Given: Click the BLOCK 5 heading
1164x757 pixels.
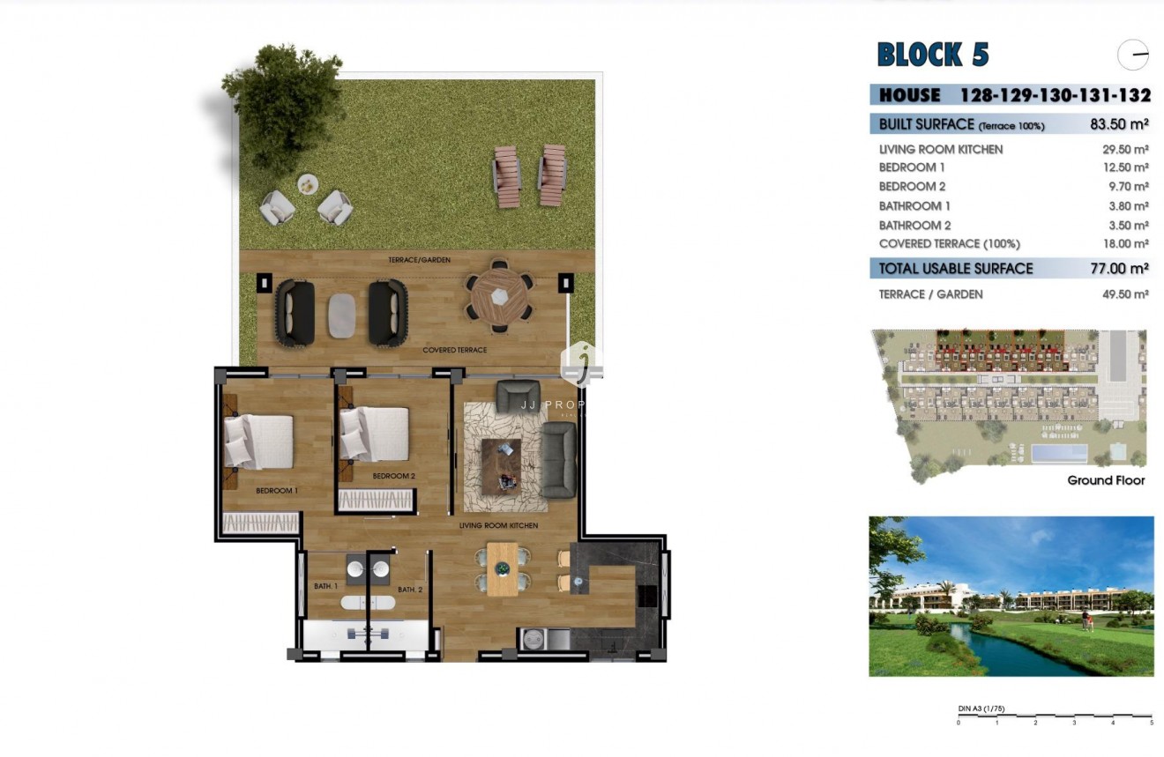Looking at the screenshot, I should pyautogui.click(x=933, y=55).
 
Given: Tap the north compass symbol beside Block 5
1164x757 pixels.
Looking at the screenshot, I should pyautogui.click(x=1133, y=55).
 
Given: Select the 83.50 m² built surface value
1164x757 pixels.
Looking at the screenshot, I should pyautogui.click(x=1119, y=124).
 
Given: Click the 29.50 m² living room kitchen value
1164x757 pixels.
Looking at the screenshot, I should pyautogui.click(x=1125, y=150).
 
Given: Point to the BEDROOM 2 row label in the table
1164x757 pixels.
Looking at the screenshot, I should pyautogui.click(x=912, y=187).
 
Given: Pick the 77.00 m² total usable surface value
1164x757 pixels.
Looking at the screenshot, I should pyautogui.click(x=1119, y=269).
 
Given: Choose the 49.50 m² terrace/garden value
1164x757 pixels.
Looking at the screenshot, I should pyautogui.click(x=1125, y=294).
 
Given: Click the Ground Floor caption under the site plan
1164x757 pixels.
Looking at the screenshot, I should pyautogui.click(x=1106, y=480).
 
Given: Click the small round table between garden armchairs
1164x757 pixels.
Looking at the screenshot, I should pyautogui.click(x=307, y=184).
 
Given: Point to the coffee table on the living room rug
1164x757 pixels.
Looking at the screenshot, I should pyautogui.click(x=501, y=463).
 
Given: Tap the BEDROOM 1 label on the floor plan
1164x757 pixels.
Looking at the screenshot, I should pyautogui.click(x=277, y=491).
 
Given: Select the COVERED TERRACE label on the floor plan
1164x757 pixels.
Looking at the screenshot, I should pyautogui.click(x=454, y=350).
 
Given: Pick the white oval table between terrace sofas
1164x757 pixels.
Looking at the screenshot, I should pyautogui.click(x=342, y=314).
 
